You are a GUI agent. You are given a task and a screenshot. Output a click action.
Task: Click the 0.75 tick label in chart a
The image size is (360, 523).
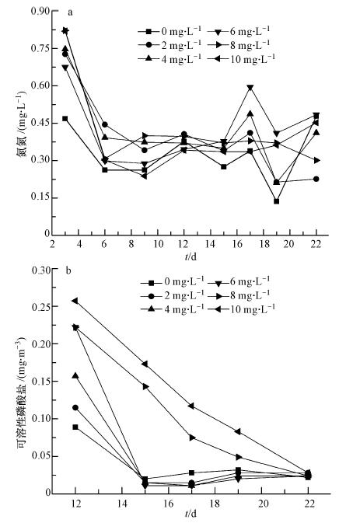[40, 48]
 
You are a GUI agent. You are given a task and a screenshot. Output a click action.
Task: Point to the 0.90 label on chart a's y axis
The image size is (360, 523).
[40, 11]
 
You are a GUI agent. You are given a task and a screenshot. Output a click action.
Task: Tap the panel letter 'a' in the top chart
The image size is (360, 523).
[70, 12]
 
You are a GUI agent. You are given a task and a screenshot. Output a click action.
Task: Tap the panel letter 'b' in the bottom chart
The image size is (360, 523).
[68, 270]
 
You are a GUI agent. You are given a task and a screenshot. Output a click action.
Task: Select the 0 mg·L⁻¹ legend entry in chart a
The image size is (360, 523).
[170, 31]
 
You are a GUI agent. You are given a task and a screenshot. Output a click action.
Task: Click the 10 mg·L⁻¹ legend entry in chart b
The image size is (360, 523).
[241, 309]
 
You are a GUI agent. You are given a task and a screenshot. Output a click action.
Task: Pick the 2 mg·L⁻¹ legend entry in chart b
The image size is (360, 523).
[172, 295]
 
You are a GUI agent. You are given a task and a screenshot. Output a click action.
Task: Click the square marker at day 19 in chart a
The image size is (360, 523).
[277, 201]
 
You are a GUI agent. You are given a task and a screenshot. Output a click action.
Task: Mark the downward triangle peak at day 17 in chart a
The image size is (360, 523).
[250, 88]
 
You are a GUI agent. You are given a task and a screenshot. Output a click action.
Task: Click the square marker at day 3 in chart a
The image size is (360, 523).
[65, 119]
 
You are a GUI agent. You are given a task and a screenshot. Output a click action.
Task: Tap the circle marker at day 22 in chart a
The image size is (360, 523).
[316, 179]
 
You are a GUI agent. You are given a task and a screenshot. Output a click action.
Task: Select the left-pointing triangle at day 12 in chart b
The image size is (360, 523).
[75, 301]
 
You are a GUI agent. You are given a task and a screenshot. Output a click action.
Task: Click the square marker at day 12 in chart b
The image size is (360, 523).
[75, 427]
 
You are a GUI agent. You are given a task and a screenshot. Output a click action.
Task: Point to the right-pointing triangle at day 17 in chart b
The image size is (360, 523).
[192, 438]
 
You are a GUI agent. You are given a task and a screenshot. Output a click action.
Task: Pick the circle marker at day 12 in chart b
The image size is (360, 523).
[75, 407]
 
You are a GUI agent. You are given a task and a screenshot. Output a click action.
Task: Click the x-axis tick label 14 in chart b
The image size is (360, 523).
[122, 503]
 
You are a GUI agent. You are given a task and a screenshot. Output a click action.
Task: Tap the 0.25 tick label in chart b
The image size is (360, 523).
[40, 306]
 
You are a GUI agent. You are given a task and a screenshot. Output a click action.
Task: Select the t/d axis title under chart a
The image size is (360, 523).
[190, 256]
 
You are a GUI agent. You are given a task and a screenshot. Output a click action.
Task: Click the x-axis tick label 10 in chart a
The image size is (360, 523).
[158, 244]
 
